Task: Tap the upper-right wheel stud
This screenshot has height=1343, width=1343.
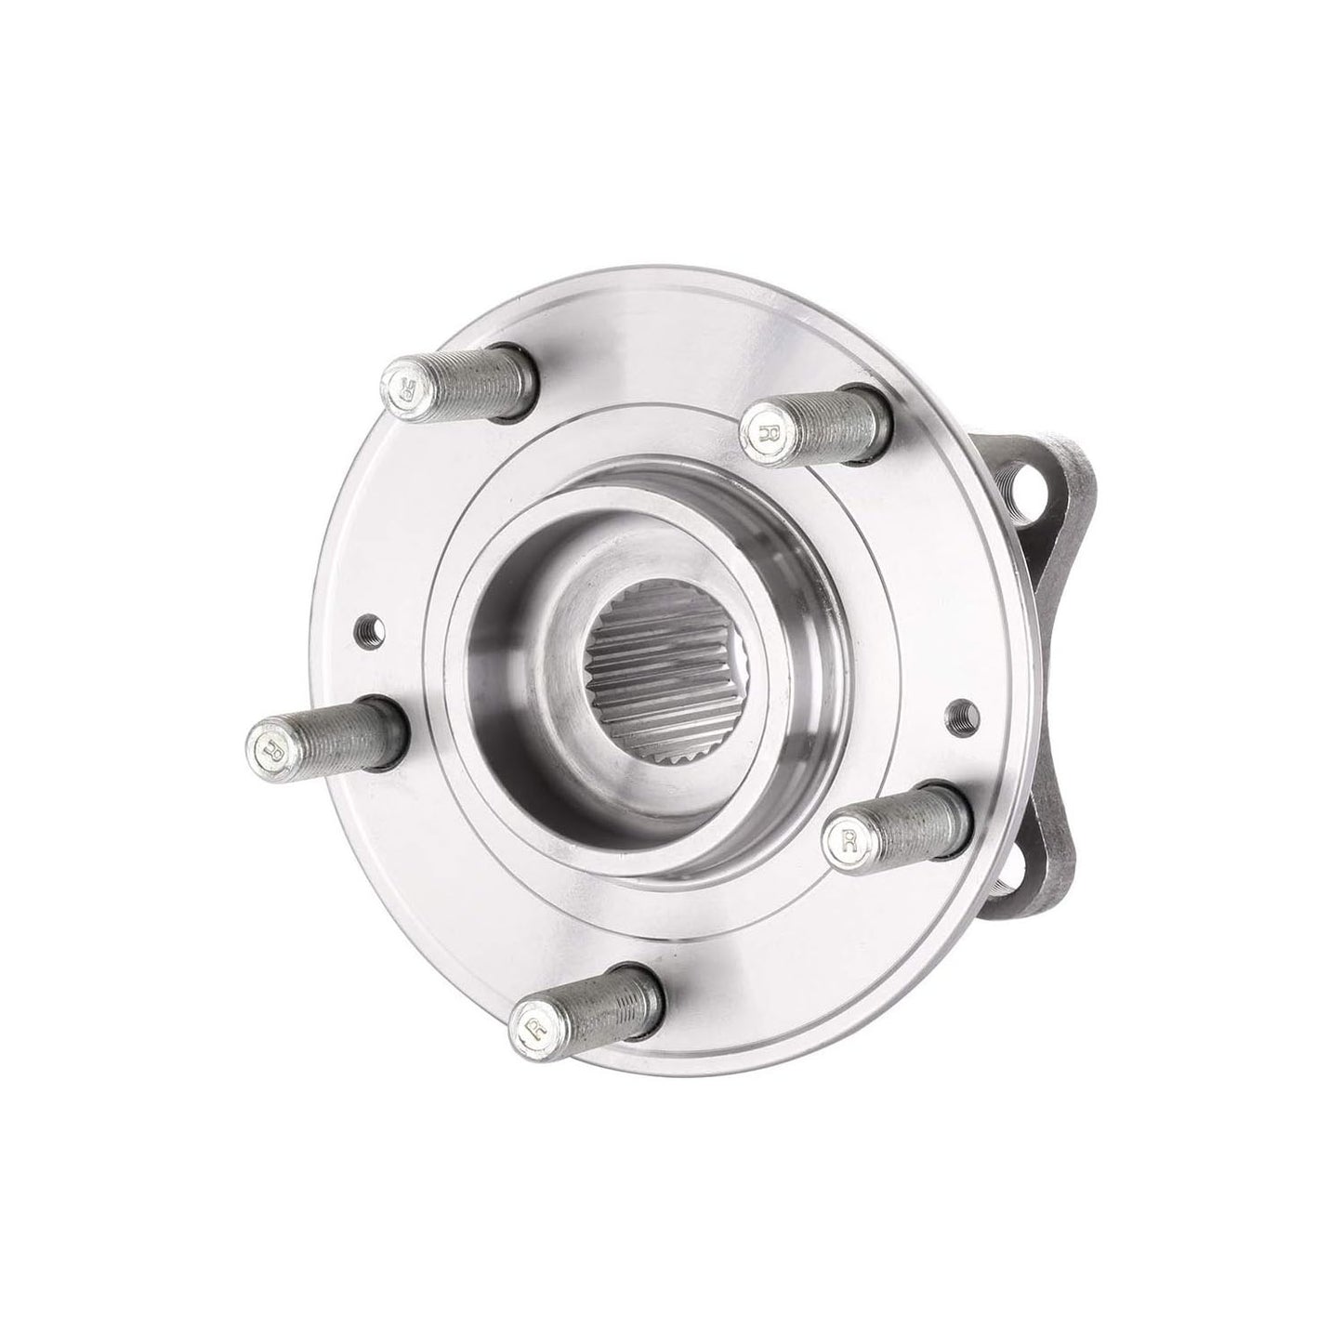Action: [x=816, y=424]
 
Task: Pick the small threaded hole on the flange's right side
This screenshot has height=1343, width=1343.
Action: [x=961, y=713]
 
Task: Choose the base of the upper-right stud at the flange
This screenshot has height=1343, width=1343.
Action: [x=874, y=418]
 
